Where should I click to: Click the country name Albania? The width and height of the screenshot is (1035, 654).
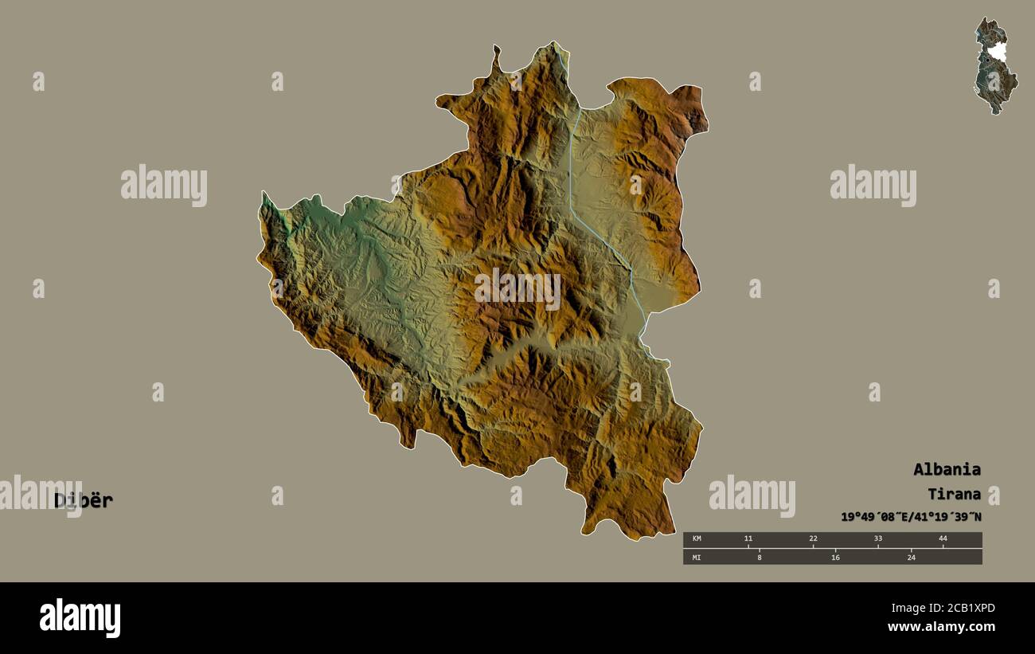point(947,469)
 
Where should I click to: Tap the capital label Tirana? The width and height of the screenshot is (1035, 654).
point(954,494)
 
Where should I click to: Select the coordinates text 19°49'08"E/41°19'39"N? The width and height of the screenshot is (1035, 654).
point(911,517)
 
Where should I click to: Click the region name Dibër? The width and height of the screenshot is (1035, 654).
point(84,500)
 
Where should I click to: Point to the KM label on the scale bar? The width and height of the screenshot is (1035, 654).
point(697,539)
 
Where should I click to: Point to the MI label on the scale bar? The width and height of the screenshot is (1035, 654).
point(697,557)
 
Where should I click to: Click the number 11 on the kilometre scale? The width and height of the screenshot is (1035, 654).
point(748,539)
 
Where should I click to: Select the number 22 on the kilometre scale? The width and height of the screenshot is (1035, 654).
point(813,539)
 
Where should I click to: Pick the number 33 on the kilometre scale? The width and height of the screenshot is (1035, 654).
point(877,539)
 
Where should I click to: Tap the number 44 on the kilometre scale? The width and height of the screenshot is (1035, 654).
point(943,539)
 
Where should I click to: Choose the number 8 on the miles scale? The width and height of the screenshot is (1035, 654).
point(760,557)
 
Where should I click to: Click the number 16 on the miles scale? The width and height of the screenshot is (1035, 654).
point(835,557)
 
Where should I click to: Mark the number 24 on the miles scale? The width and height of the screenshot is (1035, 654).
point(912,557)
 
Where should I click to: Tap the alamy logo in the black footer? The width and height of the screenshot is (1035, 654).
point(80,618)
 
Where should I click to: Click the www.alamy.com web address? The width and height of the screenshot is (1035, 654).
point(941,628)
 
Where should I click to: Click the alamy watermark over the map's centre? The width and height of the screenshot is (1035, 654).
point(517,289)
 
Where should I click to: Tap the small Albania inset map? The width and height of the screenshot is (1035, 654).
point(995,66)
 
